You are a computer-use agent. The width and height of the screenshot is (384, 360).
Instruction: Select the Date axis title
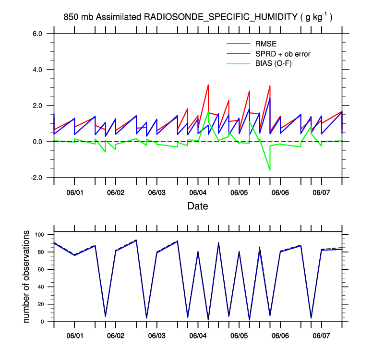[x=197, y=206]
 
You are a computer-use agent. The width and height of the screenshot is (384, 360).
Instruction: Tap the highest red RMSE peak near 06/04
[x=208, y=85]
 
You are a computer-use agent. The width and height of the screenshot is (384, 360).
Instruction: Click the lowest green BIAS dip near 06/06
[x=270, y=170]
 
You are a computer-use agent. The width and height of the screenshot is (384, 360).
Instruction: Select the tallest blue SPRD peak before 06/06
[x=270, y=98]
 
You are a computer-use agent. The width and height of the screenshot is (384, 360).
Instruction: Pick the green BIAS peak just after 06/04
[x=208, y=112]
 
